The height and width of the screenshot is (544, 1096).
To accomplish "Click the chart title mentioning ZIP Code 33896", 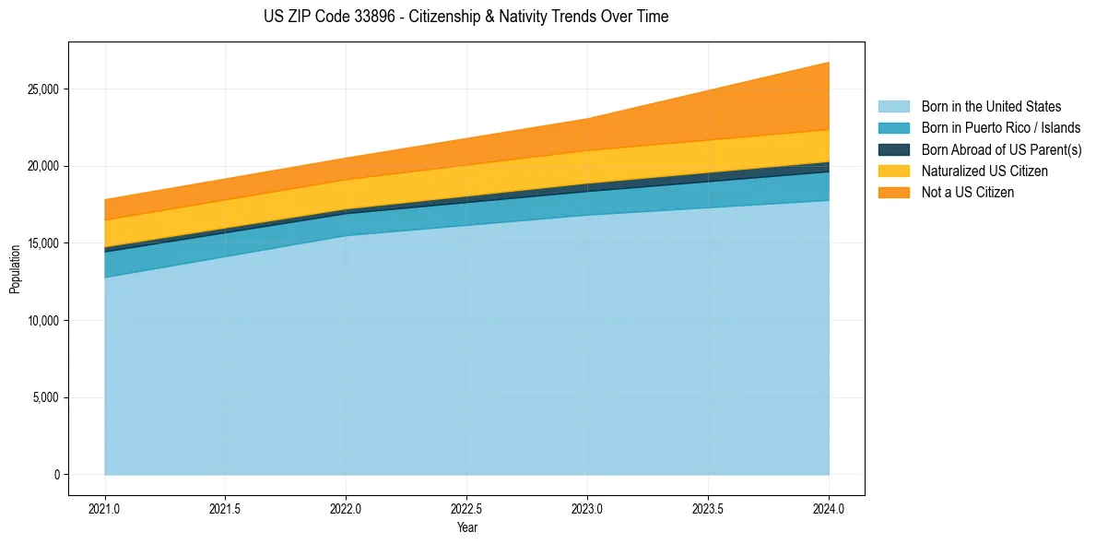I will click(x=466, y=17).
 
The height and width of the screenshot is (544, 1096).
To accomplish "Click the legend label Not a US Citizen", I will click(x=967, y=192).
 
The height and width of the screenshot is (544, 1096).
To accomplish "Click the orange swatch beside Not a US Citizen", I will click(x=893, y=192).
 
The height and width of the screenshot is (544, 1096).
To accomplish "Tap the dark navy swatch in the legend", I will click(x=893, y=149).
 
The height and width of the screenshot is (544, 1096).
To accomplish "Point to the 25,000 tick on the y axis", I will click(x=42, y=89).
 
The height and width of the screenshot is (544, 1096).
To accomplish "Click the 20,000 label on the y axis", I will click(x=42, y=167).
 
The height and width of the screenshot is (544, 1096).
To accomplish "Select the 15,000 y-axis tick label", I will click(x=42, y=243).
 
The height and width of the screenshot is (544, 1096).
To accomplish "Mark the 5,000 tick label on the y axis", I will click(x=45, y=397).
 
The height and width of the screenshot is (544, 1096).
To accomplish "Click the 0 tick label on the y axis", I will click(x=55, y=475).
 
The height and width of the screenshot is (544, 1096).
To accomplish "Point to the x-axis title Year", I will click(x=466, y=527).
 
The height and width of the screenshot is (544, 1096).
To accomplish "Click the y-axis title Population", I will click(x=15, y=269).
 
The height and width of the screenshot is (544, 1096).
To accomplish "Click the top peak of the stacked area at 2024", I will click(x=829, y=63).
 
